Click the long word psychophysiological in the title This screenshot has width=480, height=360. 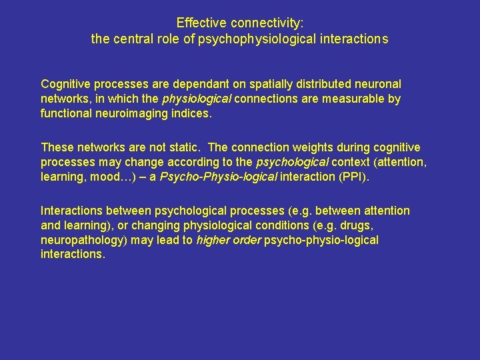252,39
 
